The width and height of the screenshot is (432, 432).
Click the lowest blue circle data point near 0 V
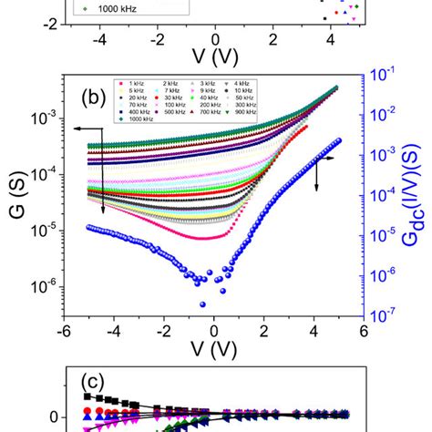click(202, 304)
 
